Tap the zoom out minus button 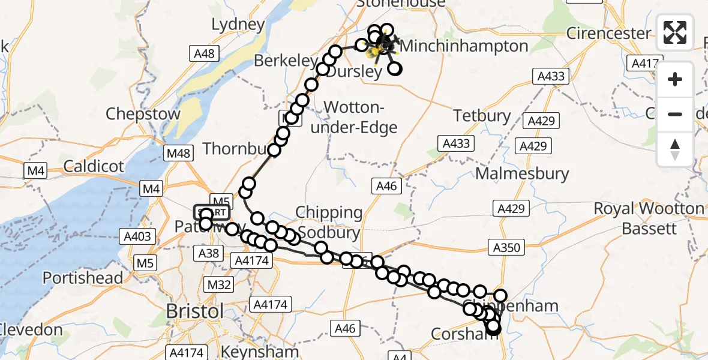675,114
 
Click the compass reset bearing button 675,149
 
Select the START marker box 212,212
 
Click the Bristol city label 195,312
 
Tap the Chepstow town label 143,114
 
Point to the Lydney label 238,25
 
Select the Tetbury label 482,115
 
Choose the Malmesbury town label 522,174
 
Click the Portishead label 82,278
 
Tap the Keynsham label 260,351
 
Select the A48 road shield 204,54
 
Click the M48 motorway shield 179,153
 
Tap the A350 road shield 507,247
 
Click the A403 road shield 137,237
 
